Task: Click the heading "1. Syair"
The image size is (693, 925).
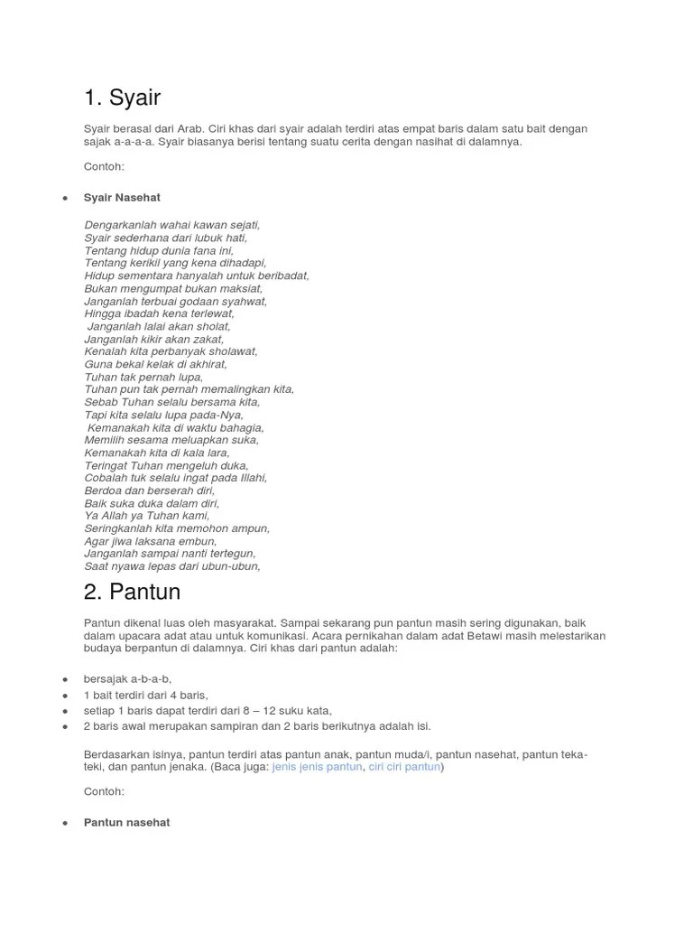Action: tap(122, 97)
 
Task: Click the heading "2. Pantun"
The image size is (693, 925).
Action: tap(132, 592)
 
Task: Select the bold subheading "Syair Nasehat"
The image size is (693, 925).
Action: tap(122, 197)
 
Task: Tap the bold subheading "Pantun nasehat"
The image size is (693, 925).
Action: tap(126, 823)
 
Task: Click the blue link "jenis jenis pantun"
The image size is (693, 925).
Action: tap(317, 766)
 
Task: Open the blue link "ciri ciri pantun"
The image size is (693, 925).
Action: tap(404, 766)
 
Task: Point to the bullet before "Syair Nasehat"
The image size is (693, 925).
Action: tap(65, 198)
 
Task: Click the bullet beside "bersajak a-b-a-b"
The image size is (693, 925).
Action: tap(65, 679)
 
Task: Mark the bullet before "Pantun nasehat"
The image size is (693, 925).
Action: tap(65, 824)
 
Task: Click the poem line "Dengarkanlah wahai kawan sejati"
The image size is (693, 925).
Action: tap(171, 225)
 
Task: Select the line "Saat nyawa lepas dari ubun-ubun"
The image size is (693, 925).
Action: tap(171, 566)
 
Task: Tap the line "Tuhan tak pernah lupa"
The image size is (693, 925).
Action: tap(143, 377)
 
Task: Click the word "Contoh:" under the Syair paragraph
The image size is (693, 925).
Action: tap(104, 167)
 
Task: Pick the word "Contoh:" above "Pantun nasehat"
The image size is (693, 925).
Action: tap(104, 791)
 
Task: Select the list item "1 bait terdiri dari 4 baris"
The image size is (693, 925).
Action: tap(145, 695)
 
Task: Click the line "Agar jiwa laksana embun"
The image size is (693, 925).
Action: tap(150, 541)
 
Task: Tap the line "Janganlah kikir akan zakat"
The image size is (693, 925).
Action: tap(154, 339)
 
